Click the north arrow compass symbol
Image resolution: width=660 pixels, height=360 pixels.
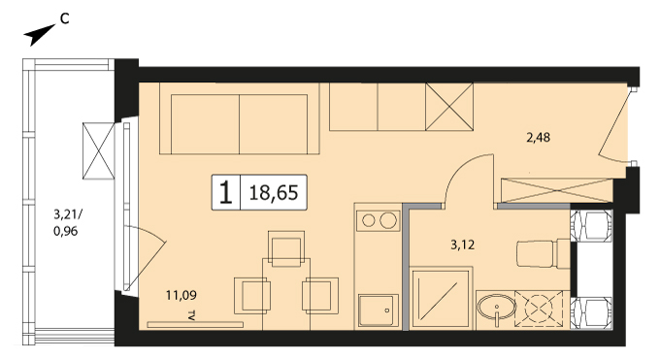[x=40, y=35]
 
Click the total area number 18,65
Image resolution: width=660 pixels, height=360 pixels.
[x=274, y=193]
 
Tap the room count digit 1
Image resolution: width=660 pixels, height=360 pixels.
[x=226, y=193]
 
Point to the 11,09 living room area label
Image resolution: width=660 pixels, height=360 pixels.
[x=181, y=295]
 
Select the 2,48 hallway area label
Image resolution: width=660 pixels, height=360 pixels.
[x=539, y=137]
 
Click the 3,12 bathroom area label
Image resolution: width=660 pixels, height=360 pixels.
[x=463, y=245]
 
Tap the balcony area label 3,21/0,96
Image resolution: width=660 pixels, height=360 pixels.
[x=67, y=223]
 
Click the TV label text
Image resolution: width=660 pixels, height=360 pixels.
[x=192, y=316]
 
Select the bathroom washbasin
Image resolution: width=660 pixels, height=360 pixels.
[x=497, y=309]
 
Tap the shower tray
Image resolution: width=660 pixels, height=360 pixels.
[x=441, y=299]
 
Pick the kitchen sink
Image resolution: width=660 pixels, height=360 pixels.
[x=378, y=311]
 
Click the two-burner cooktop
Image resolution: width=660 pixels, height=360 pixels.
[x=378, y=220]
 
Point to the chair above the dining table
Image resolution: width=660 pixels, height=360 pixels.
[x=286, y=248]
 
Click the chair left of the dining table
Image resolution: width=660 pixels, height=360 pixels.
[x=252, y=296]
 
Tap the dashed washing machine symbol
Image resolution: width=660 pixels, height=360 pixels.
[x=540, y=309]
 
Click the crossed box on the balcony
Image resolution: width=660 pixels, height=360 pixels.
[x=98, y=150]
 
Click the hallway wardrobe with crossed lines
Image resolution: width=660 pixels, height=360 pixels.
[x=555, y=191]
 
